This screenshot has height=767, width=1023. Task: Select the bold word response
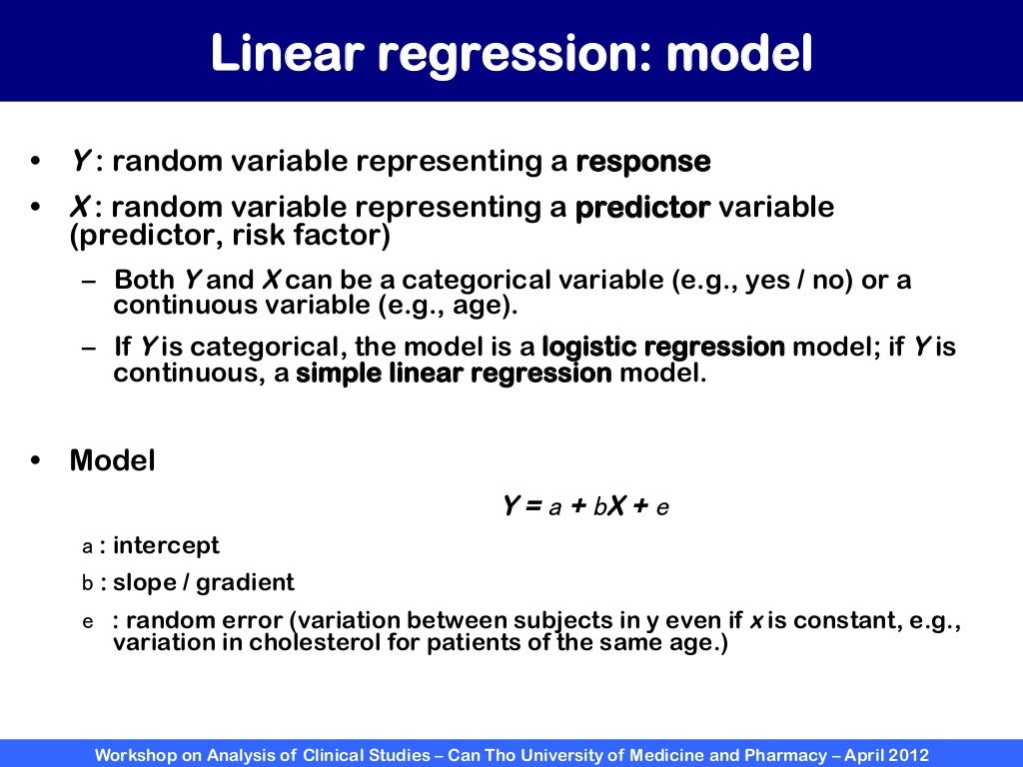coord(643,161)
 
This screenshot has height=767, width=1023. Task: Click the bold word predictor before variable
coord(643,208)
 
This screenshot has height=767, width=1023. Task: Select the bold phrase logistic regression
coord(663,348)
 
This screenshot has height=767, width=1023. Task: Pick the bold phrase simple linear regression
coord(455,375)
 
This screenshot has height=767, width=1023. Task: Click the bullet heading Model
coord(112,461)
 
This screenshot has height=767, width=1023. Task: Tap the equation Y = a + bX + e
coord(585,506)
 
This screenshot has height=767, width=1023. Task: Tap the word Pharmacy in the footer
coord(778,755)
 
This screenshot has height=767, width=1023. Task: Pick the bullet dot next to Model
coord(36,461)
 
